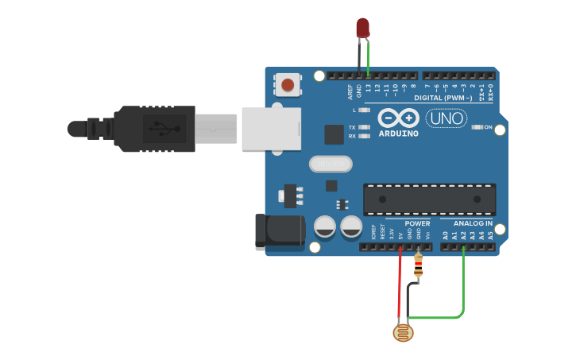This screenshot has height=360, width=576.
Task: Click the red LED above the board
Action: (x=362, y=27)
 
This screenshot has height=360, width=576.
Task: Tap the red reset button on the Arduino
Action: (x=288, y=83)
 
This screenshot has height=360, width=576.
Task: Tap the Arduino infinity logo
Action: (x=398, y=118)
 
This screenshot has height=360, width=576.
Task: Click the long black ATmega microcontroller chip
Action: (x=429, y=199)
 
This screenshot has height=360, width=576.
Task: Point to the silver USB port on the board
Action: (x=272, y=129)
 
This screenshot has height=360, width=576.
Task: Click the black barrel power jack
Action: (x=279, y=232)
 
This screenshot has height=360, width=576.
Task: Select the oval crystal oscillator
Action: (x=330, y=164)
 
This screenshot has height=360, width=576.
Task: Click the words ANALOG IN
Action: (x=473, y=223)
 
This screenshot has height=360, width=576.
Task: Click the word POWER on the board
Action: (x=417, y=223)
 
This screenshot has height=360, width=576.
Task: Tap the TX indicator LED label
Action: (x=352, y=127)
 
